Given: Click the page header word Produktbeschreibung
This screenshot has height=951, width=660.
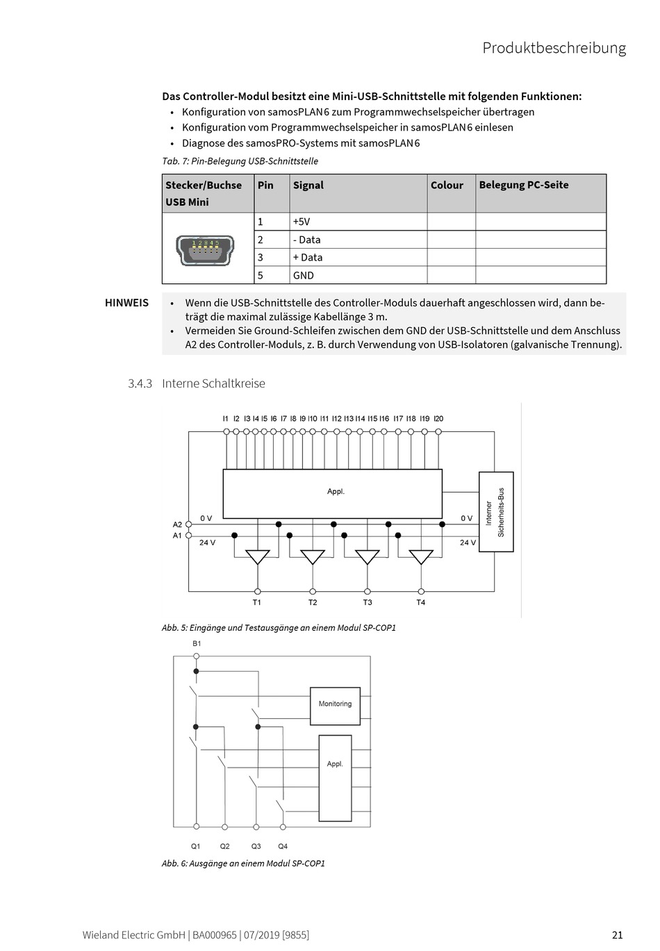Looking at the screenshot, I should pos(554,48).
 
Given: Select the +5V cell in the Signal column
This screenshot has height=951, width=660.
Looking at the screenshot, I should pos(302,222).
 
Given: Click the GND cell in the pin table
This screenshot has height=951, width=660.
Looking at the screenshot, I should pos(304,275).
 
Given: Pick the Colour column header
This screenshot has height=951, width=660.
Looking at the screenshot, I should pos(447,185).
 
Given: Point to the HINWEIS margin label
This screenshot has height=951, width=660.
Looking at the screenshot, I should pos(126,303).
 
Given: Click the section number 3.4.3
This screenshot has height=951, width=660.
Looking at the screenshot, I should pos(140,383).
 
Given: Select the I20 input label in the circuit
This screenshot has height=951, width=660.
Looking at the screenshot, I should pos(438,419).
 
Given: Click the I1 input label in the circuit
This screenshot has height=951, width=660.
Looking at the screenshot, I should pos(226,419).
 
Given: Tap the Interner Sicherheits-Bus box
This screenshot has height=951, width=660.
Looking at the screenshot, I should pos(496,512).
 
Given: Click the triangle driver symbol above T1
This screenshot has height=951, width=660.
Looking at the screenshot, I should pos(258,556).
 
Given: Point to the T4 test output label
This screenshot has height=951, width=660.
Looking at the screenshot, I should pos(420,602).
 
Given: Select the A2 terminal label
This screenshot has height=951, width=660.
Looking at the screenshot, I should pos(177,524).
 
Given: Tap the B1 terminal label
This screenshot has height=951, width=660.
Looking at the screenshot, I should pos(197,644).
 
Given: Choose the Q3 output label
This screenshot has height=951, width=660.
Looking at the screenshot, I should pos(256,846).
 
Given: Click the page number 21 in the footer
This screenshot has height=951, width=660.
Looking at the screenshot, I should pos(617,934).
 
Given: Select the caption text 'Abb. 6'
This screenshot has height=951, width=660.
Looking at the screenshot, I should pos(173,863).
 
